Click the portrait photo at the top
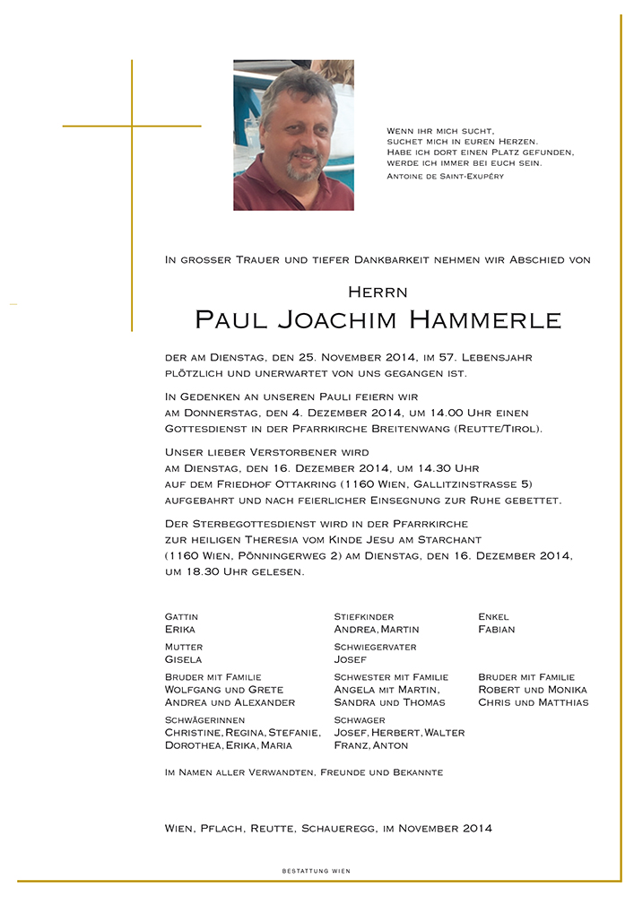[x=293, y=135]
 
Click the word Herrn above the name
[x=378, y=292]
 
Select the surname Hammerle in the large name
[x=485, y=320]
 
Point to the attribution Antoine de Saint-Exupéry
[x=445, y=177]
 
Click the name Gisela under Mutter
[x=183, y=659]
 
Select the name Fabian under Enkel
[x=497, y=630]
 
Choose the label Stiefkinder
[x=363, y=617]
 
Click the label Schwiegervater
[x=375, y=647]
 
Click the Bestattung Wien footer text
[x=317, y=871]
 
